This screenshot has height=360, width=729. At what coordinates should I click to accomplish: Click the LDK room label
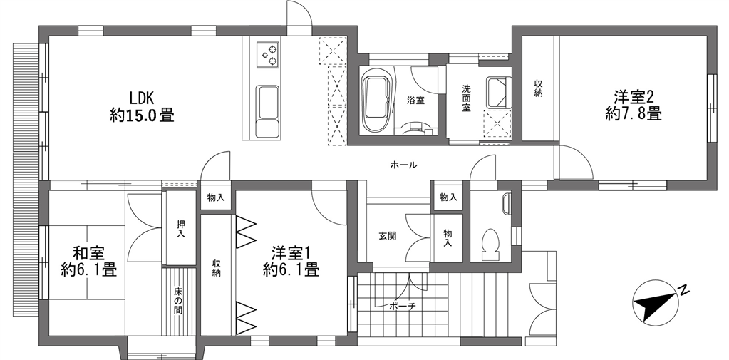click(x=142, y=98)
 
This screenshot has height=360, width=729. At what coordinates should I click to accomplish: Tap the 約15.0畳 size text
click(x=142, y=115)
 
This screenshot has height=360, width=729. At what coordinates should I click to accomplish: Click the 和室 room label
click(x=88, y=254)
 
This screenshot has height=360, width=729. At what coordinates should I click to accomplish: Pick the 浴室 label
click(x=416, y=100)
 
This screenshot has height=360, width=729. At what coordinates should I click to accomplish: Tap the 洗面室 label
click(x=466, y=98)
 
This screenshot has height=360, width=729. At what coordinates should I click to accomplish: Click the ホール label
click(x=403, y=165)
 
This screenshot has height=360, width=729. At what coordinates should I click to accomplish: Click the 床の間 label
click(x=178, y=302)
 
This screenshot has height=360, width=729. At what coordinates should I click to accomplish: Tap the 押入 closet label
click(x=180, y=228)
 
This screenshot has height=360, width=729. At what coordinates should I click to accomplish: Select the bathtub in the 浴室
click(x=376, y=100)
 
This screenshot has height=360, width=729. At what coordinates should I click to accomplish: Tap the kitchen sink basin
click(x=268, y=103)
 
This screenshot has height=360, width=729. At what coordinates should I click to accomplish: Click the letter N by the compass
click(x=683, y=291)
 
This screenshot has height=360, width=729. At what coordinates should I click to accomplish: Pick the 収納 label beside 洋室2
click(x=539, y=88)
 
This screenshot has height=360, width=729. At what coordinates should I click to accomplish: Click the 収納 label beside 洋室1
click(x=216, y=268)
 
